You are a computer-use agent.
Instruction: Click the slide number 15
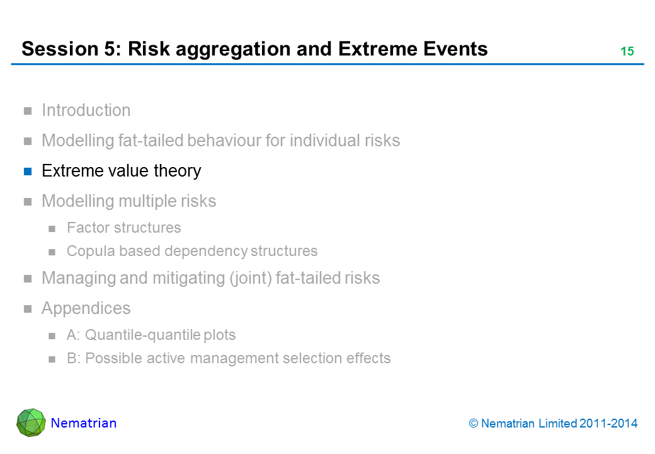pyautogui.click(x=627, y=51)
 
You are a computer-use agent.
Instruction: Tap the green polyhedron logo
pyautogui.click(x=31, y=422)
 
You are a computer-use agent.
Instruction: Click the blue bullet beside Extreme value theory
pyautogui.click(x=28, y=172)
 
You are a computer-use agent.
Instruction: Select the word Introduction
pyautogui.click(x=86, y=110)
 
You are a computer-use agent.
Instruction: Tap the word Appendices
pyautogui.click(x=86, y=309)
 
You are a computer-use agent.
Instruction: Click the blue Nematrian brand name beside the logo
pyautogui.click(x=84, y=423)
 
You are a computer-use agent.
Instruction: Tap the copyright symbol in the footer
pyautogui.click(x=473, y=424)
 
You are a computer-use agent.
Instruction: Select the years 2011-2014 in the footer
pyautogui.click(x=608, y=424)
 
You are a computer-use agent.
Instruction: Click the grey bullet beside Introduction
pyautogui.click(x=28, y=111)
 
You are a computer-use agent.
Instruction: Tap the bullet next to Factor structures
pyautogui.click(x=52, y=229)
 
